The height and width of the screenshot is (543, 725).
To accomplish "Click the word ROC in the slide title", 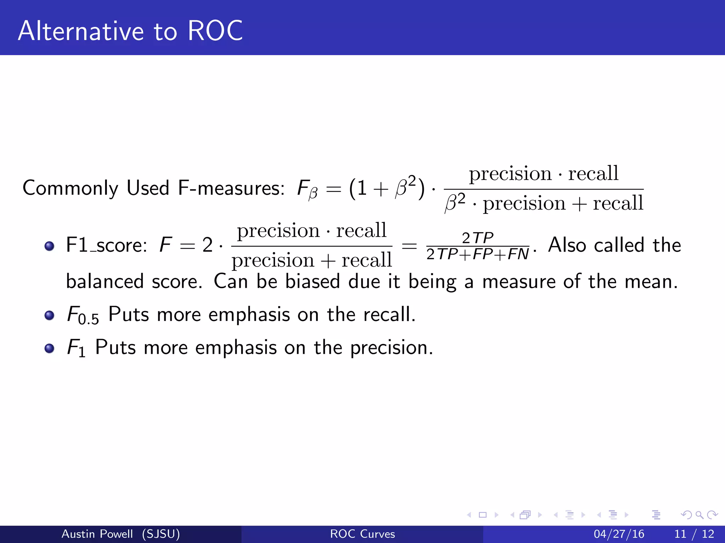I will (x=215, y=31).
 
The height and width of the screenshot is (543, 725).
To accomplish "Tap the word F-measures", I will (x=231, y=188).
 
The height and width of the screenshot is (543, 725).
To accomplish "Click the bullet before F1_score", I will (x=50, y=246).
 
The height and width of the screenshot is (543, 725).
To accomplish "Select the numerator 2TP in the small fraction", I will (x=477, y=238).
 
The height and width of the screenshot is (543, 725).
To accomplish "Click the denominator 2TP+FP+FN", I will (x=477, y=254).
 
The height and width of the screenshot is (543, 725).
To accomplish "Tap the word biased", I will (x=313, y=282).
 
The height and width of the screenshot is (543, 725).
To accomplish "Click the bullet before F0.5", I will (x=50, y=315).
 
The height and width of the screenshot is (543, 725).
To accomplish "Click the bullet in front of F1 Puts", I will (x=50, y=348).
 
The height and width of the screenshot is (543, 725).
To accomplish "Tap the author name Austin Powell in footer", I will (x=97, y=534).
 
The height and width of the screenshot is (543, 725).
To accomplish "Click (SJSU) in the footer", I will (x=161, y=534).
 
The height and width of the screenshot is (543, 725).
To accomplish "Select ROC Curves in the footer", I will (x=362, y=534).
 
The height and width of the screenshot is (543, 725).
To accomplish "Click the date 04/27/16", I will (x=619, y=534).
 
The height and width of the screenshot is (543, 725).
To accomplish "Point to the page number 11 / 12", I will (x=694, y=534).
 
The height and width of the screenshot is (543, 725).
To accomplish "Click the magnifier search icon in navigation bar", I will (x=699, y=515).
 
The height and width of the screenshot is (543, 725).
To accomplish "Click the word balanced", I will (x=105, y=282).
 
